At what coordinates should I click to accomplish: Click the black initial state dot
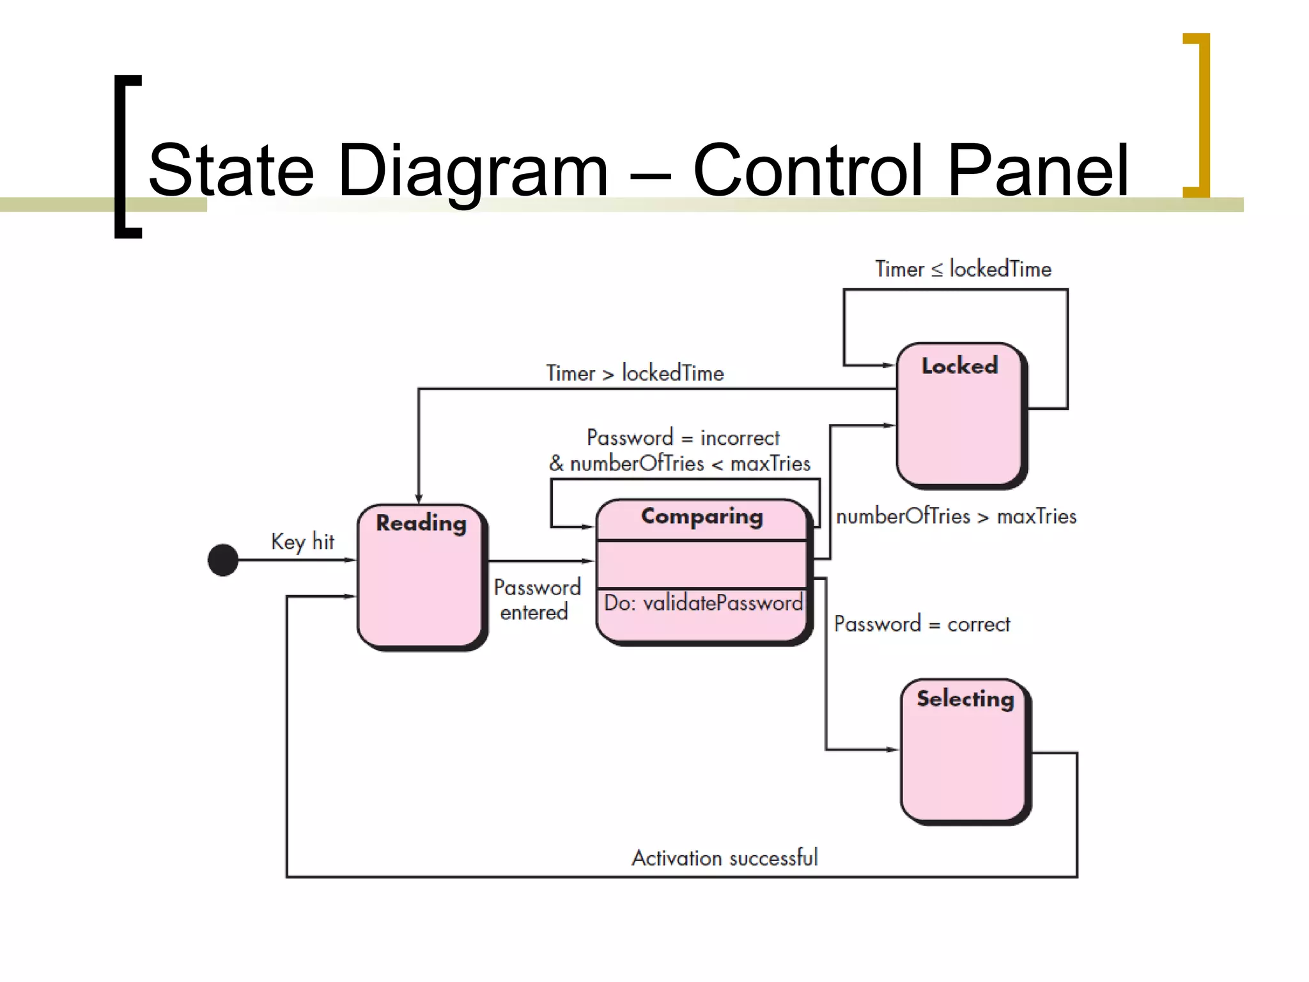(223, 560)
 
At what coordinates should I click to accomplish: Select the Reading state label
(421, 523)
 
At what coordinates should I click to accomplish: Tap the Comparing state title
(702, 517)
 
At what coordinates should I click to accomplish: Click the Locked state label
(959, 366)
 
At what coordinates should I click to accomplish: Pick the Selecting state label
(965, 699)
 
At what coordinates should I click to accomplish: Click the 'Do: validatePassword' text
(703, 603)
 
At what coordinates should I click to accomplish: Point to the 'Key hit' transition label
(302, 542)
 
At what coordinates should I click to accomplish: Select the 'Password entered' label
(537, 600)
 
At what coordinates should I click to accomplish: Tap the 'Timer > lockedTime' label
(635, 373)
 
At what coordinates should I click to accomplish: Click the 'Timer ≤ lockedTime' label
(963, 269)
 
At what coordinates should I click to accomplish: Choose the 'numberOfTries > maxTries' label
(956, 517)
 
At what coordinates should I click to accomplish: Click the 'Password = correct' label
(922, 624)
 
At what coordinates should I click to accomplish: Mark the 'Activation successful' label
(725, 858)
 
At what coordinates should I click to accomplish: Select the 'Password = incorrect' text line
(683, 438)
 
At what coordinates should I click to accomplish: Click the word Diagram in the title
(473, 171)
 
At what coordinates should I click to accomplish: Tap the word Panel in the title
(1038, 171)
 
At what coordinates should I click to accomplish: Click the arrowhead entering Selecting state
(894, 749)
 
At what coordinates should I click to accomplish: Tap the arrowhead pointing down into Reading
(419, 498)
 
